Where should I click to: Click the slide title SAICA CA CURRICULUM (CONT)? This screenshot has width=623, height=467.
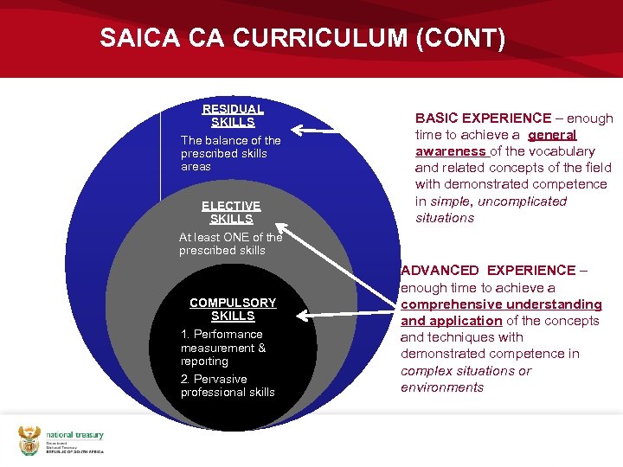coord(302,39)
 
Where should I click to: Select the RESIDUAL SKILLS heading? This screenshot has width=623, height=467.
coord(232,115)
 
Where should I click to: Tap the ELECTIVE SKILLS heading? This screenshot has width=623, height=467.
coord(231,212)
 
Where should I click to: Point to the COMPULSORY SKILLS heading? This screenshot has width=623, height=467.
coord(233,309)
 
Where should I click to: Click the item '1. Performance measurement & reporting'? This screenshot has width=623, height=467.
coord(223,347)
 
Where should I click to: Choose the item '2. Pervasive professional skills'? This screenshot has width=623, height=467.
coord(228,386)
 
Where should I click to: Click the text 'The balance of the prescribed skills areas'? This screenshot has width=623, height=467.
coord(230,153)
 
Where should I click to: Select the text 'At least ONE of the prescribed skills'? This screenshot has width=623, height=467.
coord(230,243)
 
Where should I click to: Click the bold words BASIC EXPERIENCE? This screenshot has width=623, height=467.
coord(483,118)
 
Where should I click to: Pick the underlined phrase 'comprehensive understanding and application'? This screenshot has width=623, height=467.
coord(500,312)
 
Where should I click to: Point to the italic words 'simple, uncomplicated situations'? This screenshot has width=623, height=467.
coord(490,209)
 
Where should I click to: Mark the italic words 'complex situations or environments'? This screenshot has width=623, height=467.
coord(466,379)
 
